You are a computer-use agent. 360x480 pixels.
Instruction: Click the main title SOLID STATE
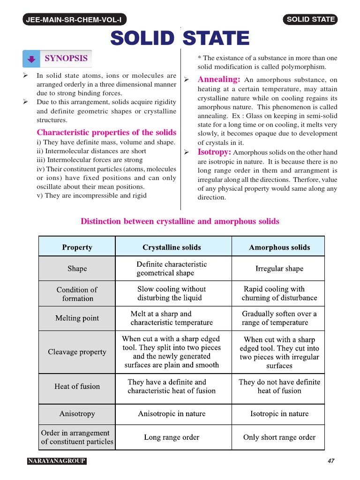(180, 38)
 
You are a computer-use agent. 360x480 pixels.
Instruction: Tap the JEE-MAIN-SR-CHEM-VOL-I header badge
(75, 19)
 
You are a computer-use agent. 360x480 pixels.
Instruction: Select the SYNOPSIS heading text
(66, 59)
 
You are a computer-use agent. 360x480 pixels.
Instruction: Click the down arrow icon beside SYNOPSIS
(31, 59)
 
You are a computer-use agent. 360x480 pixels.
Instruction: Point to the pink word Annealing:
(219, 80)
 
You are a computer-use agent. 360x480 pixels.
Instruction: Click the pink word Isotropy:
(214, 152)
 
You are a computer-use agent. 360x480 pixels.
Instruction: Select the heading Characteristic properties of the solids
(106, 133)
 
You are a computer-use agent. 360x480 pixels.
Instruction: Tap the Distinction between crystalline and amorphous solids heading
(180, 221)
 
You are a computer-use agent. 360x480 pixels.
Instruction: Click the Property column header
(77, 247)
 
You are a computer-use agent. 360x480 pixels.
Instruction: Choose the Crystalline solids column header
(172, 247)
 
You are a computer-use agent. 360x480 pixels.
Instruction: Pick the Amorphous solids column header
(279, 247)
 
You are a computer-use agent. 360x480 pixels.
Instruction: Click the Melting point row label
(77, 318)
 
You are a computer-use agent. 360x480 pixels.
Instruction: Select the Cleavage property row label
(77, 352)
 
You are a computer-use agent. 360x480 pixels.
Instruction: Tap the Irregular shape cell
(279, 269)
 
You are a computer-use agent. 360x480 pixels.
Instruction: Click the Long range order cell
(172, 437)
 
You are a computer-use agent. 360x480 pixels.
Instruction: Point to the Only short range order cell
(279, 437)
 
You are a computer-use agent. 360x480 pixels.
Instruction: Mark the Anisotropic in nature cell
(172, 414)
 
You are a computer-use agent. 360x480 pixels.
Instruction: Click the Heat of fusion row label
(77, 387)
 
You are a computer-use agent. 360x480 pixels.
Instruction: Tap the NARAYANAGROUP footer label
(57, 461)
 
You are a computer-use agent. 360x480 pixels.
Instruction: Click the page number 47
(331, 461)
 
